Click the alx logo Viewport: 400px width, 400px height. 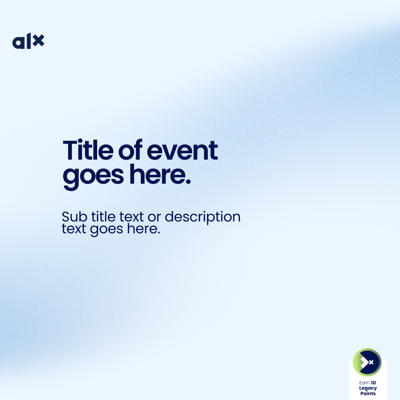28,41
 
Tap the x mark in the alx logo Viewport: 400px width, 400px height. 39,40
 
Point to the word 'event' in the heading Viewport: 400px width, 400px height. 182,151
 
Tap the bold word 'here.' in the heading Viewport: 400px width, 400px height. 160,174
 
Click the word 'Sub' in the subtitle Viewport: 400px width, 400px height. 74,217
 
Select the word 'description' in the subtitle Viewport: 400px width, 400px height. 203,217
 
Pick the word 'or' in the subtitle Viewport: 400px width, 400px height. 154,218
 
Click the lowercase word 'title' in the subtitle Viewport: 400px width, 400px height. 103,217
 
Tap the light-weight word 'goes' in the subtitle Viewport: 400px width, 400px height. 107,230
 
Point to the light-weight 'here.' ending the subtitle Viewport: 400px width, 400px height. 144,228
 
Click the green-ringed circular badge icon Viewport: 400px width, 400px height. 367,362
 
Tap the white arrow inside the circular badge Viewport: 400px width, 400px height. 364,362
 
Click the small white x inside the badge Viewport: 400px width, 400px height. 371,362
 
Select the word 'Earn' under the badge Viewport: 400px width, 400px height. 364,383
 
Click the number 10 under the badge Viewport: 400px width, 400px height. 373,383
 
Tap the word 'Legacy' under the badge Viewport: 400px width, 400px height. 368,388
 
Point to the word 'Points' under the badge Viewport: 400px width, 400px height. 368,393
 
